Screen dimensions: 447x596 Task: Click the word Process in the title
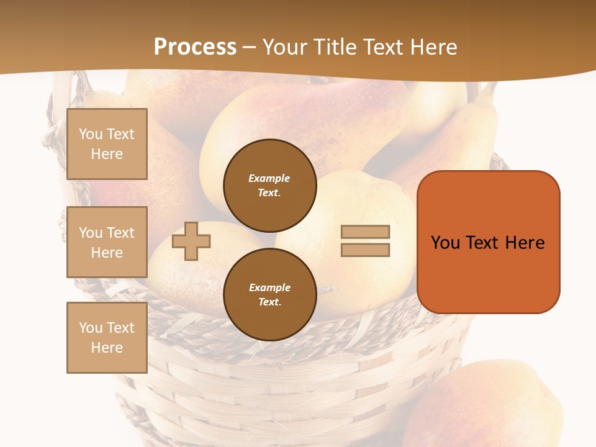pos(195,47)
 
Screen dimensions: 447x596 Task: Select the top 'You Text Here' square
pos(107,144)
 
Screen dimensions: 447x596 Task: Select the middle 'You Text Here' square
pos(107,242)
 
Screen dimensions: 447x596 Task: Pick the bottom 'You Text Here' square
pos(107,338)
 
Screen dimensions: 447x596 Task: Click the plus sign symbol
pos(191,241)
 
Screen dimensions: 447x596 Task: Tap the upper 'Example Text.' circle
pos(270,186)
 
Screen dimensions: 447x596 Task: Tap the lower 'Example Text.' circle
pos(270,295)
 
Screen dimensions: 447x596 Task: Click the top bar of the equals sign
pos(365,232)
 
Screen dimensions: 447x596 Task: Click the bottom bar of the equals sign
pos(365,250)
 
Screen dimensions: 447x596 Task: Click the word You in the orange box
pos(446,243)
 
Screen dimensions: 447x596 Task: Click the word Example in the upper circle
pos(269,178)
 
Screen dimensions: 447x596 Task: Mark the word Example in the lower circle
pos(269,287)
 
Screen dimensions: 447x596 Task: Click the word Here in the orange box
pos(525,243)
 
